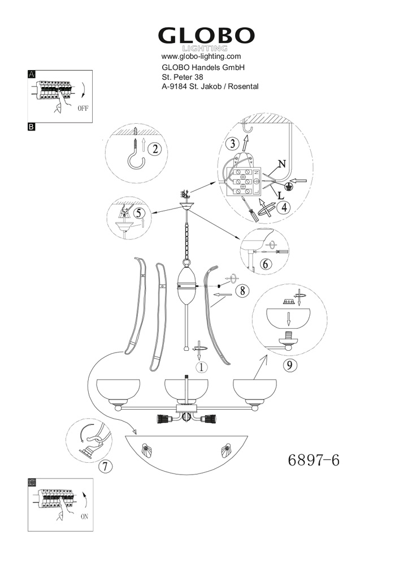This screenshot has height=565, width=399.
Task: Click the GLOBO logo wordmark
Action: pos(206,36)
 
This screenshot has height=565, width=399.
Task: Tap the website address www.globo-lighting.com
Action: pos(201,56)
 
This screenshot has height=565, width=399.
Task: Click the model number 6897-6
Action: pos(314,460)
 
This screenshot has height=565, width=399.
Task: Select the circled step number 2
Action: pos(155,149)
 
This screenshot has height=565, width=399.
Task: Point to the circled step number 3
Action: pos(232,144)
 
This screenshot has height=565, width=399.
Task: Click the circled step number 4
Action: pos(284,208)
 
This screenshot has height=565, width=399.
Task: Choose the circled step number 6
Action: pos(266,264)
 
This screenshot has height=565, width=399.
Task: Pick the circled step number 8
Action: pos(242,290)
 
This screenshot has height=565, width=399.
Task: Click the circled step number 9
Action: pos(289,366)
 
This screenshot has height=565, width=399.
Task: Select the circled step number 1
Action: pos(202,367)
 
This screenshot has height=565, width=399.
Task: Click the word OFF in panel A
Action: pos(83,108)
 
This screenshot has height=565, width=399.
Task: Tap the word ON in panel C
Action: pos(84,517)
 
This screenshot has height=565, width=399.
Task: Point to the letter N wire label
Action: pos(282,164)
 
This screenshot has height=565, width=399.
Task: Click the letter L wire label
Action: pos(281,195)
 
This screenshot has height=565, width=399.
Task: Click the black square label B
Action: pos(31,127)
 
